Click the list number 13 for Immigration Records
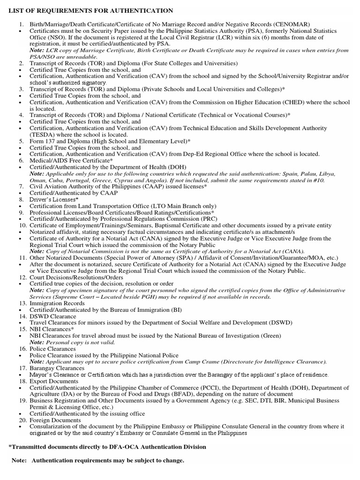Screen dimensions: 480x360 pyautogui.click(x=23, y=303)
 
